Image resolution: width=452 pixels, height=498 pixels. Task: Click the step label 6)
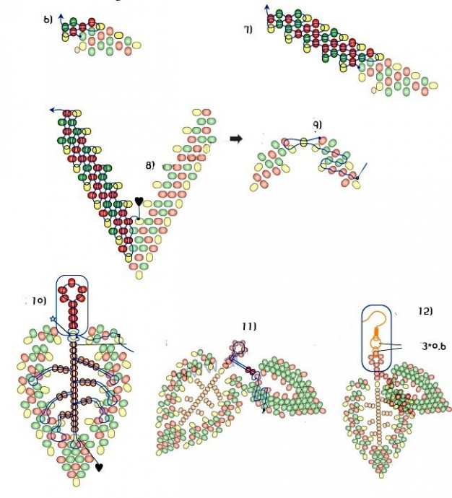(48, 19)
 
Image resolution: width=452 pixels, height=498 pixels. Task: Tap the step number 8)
(149, 165)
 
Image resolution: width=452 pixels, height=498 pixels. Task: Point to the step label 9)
(317, 124)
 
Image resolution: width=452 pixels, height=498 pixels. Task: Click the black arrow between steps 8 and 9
(235, 139)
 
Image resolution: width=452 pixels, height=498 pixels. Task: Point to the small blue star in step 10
(53, 318)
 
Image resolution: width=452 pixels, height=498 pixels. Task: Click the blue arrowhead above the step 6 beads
(61, 14)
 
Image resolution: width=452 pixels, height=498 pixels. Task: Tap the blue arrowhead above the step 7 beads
(268, 7)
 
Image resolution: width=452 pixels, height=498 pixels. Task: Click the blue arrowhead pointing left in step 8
(52, 110)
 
